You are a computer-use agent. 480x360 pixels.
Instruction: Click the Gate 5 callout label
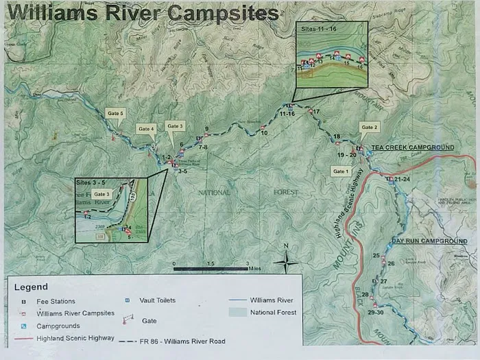(115, 112)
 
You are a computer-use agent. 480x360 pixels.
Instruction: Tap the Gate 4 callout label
(146, 128)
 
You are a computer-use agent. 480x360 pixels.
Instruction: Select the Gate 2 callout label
(370, 128)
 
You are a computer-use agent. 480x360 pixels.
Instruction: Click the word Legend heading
(31, 286)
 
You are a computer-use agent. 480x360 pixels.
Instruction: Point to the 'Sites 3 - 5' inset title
(94, 183)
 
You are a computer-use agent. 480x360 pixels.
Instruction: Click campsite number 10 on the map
(264, 133)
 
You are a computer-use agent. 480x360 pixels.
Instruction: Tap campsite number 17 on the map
(316, 111)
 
